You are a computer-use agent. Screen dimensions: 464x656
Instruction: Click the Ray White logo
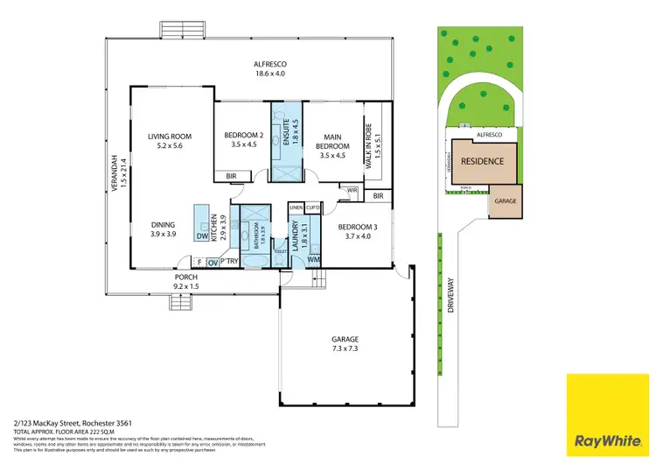610,416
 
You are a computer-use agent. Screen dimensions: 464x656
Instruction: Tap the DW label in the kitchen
202,236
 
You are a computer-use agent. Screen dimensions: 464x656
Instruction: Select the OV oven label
212,261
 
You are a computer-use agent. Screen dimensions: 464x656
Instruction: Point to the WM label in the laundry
314,260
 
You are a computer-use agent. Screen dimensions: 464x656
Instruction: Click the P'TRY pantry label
230,261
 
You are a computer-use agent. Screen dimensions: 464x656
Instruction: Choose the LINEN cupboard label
296,207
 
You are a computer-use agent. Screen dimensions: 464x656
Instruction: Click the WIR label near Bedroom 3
352,190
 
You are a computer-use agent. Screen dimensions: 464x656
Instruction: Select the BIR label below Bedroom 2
231,176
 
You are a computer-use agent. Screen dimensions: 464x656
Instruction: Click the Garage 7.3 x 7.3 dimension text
345,344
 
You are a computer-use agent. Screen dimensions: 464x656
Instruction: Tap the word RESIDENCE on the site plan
482,161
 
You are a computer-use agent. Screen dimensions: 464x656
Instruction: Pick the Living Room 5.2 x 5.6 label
169,141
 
